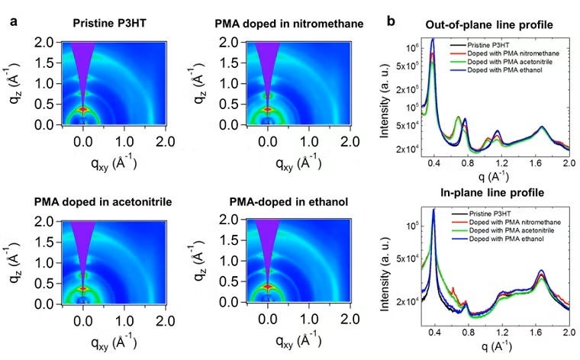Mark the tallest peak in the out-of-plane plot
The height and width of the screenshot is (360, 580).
pyautogui.click(x=433, y=40)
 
